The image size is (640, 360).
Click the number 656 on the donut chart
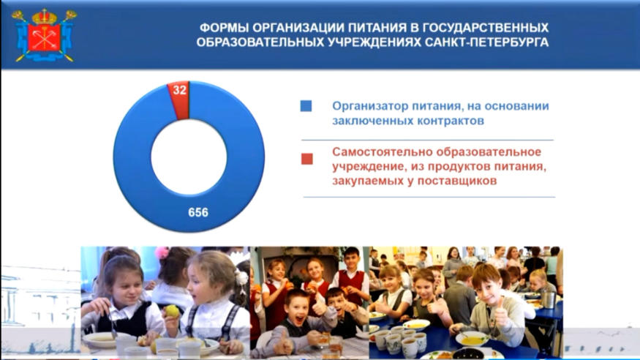coord(198,212)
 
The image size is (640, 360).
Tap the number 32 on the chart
coord(180,90)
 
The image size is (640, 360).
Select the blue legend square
coord(306,106)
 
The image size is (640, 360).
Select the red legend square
coord(307,159)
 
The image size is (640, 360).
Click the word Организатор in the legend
coord(370,106)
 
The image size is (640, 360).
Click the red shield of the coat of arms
coord(44,37)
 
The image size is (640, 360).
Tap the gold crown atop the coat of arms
coord(44,16)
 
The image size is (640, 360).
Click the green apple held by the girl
coord(172,312)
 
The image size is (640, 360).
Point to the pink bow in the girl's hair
coord(162,252)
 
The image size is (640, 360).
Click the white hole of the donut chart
coord(189,157)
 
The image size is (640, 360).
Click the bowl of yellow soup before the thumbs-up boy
coord(473,338)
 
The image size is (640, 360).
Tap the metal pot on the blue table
coord(548,299)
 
